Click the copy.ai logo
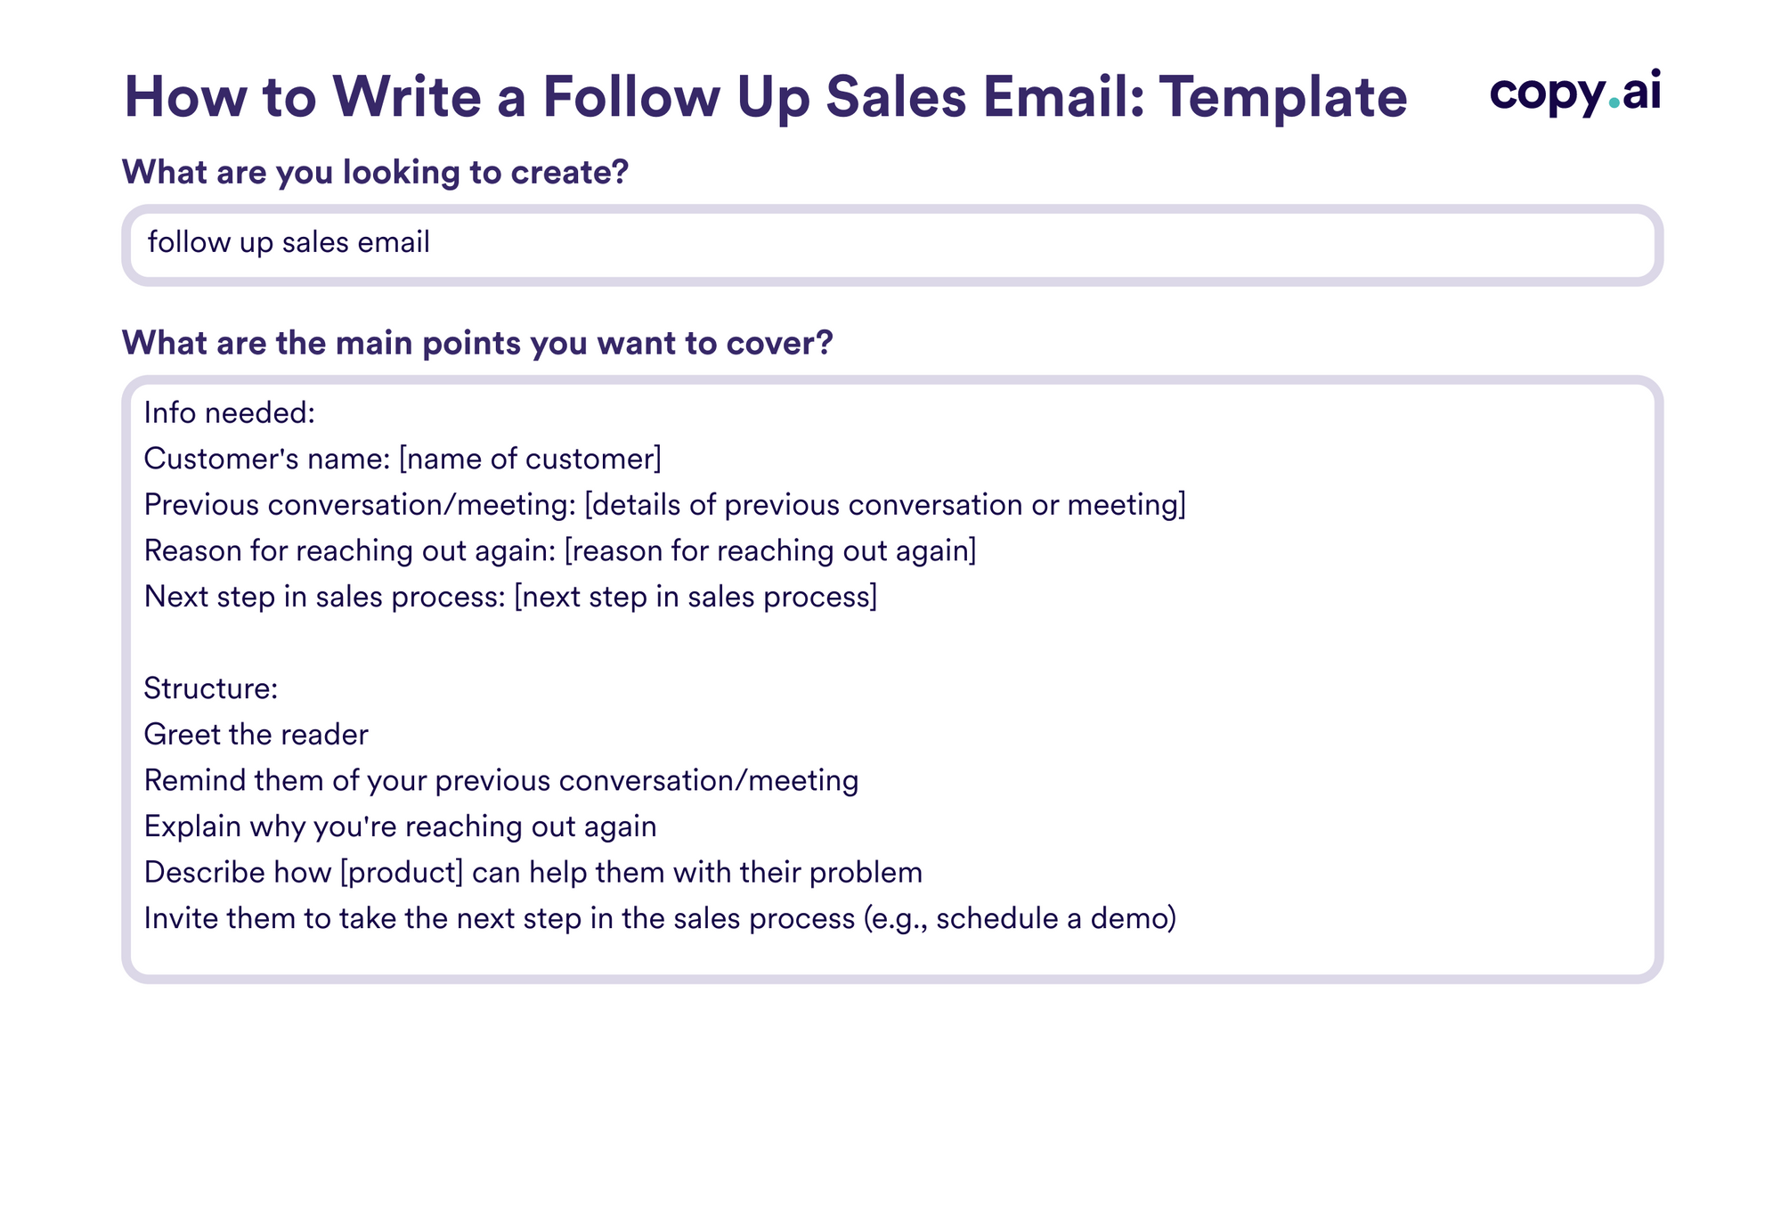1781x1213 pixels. [1574, 93]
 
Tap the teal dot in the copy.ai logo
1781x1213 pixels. [1614, 103]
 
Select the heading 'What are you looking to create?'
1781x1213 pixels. [375, 172]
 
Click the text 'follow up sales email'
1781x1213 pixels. [289, 242]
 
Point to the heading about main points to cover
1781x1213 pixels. [477, 343]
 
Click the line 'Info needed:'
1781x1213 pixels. [230, 413]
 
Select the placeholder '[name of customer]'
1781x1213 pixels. [530, 459]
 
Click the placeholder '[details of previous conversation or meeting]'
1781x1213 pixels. [885, 505]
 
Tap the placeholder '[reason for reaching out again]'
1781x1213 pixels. [770, 550]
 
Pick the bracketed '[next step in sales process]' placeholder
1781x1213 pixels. [695, 597]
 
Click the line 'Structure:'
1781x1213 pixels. [211, 688]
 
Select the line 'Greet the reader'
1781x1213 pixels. [256, 735]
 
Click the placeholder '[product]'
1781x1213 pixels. [402, 872]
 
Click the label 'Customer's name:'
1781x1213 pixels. [267, 459]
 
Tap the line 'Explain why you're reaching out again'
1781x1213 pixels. [400, 826]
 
